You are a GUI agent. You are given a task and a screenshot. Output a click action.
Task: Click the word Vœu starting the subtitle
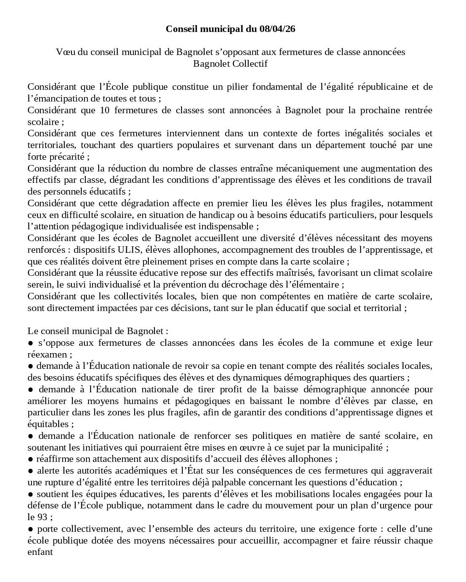pos(63,52)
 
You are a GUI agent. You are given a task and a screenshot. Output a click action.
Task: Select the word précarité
pos(66,157)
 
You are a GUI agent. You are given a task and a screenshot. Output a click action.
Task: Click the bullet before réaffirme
pos(30,459)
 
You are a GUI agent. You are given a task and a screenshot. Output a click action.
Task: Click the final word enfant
pos(40,552)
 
